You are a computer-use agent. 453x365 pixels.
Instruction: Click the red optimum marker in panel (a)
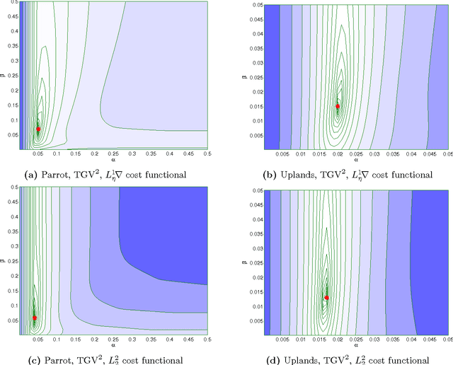[38, 129]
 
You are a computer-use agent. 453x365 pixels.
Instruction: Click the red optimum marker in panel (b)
[338, 106]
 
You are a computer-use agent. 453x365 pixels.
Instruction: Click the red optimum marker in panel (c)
[35, 318]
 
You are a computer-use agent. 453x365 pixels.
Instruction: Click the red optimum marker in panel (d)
[326, 298]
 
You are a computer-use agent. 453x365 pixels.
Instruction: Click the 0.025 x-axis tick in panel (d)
[357, 340]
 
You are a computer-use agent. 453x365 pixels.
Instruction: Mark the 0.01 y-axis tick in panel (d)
[253, 306]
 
